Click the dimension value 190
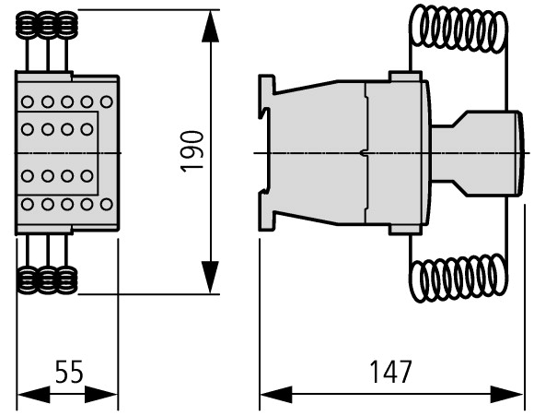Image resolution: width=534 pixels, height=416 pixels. pos(192,151)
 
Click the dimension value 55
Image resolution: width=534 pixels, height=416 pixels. pos(69,372)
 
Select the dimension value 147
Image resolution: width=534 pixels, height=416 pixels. pos(390,372)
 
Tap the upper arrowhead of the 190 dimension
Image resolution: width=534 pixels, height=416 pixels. pos(210,26)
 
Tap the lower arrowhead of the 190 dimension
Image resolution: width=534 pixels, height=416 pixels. pos(210,277)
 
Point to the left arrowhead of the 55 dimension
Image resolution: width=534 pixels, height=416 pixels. pos(33,395)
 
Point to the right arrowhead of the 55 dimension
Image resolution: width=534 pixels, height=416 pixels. pos(101,395)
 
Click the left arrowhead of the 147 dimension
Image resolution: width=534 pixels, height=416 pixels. pos(276,395)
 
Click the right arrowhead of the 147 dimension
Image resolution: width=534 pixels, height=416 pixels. pos(506,395)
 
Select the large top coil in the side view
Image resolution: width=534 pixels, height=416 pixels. pos(459,29)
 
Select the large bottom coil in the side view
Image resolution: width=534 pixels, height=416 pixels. pos(459,279)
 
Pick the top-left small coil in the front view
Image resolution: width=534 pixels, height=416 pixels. pos(27,25)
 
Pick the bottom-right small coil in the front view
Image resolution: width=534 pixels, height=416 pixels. pos(66,280)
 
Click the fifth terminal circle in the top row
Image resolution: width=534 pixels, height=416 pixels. pos(107,101)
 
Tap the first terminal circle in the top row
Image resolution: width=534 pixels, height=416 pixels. pos(28,101)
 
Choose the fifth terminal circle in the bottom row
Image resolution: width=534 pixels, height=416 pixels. pos(107,205)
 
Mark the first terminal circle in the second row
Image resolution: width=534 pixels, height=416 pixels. pos(28,129)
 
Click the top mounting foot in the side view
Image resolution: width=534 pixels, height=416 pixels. pos(266,85)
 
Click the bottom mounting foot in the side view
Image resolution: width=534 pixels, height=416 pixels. pos(266,220)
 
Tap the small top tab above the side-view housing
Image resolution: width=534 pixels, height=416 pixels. pos(405,77)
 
